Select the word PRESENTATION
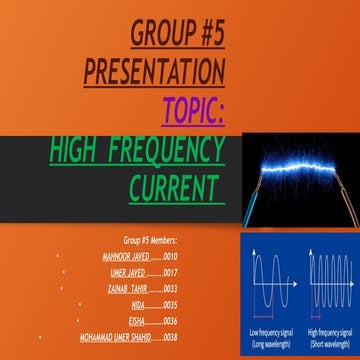pyautogui.click(x=155, y=72)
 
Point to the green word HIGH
pyautogui.click(x=79, y=151)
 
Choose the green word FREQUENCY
pyautogui.click(x=170, y=151)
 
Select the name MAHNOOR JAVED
pyautogui.click(x=125, y=256)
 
